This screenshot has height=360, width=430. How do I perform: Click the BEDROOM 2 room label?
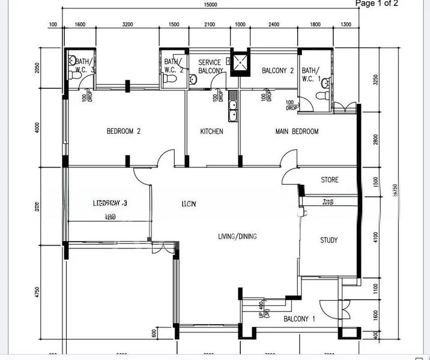124,131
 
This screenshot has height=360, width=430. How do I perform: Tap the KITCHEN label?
211,131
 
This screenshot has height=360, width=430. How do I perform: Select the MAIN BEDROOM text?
297,131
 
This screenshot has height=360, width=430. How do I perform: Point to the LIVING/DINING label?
237,236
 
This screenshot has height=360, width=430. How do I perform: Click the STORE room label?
330,180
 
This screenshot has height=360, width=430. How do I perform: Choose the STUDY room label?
329,241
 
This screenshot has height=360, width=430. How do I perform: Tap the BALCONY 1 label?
299,319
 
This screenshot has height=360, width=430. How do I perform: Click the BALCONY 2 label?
277,71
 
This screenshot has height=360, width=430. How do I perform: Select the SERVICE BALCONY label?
210,67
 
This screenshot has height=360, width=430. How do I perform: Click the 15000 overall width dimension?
210,5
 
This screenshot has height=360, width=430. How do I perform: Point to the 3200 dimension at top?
128,25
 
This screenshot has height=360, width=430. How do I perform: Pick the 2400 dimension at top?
273,25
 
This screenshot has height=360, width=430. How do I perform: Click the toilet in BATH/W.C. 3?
72,60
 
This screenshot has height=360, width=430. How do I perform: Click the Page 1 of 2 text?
377,4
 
